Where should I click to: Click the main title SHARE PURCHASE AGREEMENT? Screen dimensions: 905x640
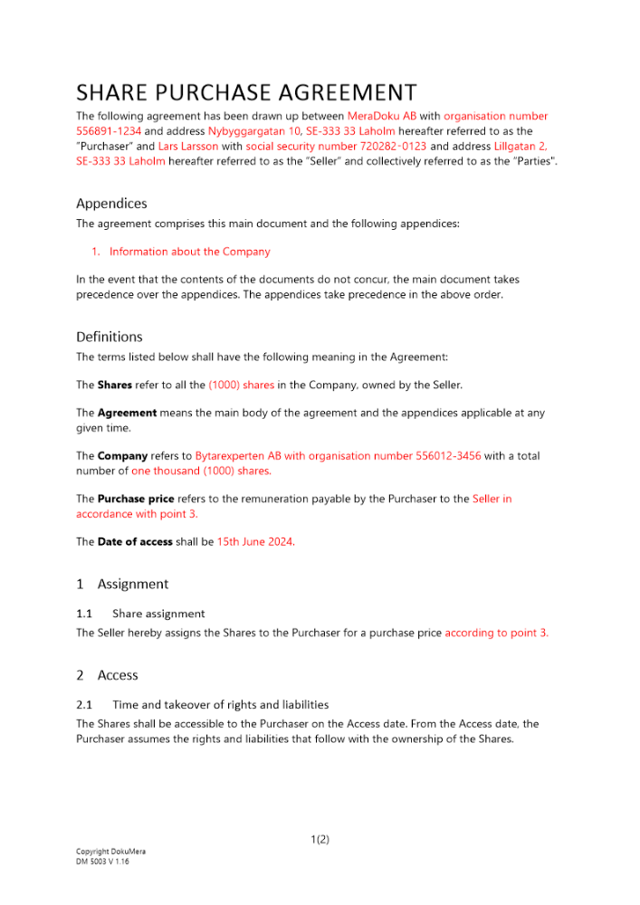(246, 92)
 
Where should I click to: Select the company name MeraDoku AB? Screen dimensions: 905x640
(381, 117)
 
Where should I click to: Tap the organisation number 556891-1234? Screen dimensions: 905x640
(109, 131)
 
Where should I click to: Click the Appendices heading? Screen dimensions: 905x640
(111, 204)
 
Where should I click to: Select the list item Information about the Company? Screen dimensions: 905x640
(189, 252)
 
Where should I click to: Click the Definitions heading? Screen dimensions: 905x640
(109, 337)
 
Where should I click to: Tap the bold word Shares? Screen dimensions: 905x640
(114, 385)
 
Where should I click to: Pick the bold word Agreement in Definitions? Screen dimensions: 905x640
(127, 413)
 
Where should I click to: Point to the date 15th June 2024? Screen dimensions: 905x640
(255, 541)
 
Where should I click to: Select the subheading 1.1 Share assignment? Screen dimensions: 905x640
(140, 614)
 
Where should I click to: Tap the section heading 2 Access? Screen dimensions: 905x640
(107, 675)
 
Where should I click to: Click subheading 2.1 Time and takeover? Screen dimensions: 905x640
(202, 704)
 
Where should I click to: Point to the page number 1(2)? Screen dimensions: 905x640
(320, 840)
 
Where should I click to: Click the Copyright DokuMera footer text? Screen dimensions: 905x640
(110, 852)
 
